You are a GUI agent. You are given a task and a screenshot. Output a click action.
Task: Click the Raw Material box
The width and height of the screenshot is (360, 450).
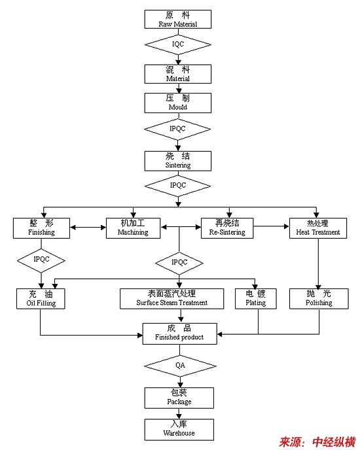(x=178, y=19)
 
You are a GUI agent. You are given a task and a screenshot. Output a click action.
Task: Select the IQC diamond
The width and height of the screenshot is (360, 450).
(x=178, y=44)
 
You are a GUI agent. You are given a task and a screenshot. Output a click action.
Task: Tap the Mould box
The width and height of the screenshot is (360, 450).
(x=178, y=103)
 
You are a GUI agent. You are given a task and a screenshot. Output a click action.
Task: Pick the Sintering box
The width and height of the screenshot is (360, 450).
(x=178, y=161)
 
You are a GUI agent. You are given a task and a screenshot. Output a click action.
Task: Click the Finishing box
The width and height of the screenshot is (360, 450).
(x=41, y=228)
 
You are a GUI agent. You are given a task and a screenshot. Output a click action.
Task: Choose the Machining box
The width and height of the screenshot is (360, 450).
(x=133, y=228)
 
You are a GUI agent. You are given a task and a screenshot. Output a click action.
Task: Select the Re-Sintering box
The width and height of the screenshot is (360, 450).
(x=227, y=228)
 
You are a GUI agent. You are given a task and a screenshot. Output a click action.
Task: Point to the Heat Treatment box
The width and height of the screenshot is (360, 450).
(x=318, y=228)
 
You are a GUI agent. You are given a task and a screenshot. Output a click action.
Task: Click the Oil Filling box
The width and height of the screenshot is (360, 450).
(x=41, y=299)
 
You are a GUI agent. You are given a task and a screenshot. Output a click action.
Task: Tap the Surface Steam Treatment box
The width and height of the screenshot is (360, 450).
(x=171, y=299)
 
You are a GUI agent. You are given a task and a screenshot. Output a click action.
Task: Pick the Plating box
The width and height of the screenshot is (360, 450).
(x=256, y=299)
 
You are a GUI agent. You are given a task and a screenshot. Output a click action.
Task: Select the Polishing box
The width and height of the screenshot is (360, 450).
(x=319, y=299)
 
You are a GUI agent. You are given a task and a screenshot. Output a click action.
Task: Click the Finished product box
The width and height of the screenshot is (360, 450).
(x=179, y=334)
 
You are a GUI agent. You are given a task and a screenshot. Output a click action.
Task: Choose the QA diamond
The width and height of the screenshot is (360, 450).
(x=180, y=366)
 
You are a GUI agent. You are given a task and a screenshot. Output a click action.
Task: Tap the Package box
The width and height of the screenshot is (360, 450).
(x=179, y=398)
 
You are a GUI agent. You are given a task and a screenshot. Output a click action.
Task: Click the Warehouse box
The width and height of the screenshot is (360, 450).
(x=179, y=430)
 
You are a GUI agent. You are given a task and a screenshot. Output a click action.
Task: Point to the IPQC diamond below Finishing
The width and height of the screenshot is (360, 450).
(x=41, y=260)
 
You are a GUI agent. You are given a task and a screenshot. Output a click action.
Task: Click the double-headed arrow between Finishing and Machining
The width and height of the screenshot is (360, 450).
(x=88, y=228)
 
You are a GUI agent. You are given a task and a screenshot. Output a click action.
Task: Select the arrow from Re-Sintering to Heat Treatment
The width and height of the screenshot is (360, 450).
(x=271, y=226)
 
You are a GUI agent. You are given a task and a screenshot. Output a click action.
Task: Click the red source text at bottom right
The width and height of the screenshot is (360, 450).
(x=317, y=442)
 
